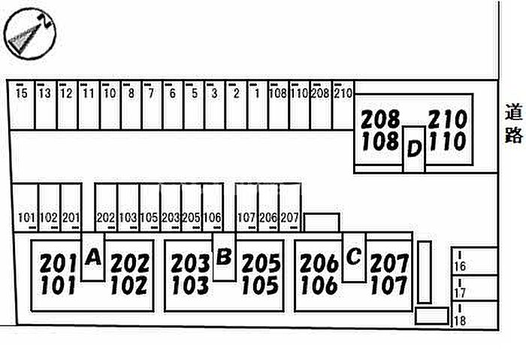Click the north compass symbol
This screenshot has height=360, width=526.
pos(29,34)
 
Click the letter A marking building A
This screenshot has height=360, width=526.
pos(93,258)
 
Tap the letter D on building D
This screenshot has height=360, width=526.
pos(414,148)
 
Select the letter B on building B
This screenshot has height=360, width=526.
pos(224,257)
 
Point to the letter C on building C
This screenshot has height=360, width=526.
pos(354,257)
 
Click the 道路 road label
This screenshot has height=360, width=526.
pos(513,123)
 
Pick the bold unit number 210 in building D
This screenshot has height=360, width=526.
pos(448,119)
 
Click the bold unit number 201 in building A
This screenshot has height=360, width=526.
pos(59,264)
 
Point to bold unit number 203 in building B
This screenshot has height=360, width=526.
pos(190,264)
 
